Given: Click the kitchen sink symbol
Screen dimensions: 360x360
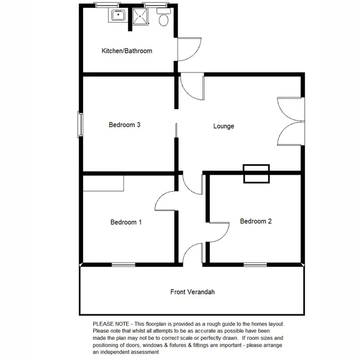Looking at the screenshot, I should (118, 16).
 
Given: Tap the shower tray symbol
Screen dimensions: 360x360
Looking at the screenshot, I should (142, 16).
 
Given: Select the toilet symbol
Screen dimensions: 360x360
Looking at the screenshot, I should (163, 19).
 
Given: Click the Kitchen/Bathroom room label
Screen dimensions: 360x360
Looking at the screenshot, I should (127, 51).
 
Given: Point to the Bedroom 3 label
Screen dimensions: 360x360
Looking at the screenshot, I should (124, 125).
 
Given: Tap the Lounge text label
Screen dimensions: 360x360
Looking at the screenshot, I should (224, 126).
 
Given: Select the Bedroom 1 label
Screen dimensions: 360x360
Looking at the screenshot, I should (126, 222).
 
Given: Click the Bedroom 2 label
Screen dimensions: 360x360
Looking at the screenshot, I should (256, 221).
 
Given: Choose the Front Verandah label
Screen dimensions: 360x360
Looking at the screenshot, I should (192, 292).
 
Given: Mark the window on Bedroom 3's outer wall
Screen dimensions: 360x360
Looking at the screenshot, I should (81, 125).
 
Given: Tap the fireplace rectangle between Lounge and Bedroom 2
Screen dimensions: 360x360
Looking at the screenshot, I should (257, 174).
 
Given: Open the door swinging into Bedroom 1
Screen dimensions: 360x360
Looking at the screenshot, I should (166, 201).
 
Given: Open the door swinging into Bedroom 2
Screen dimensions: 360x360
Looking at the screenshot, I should (218, 232).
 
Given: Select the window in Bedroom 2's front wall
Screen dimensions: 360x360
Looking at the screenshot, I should (255, 264).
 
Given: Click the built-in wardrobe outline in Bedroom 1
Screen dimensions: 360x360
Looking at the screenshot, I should (103, 183).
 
